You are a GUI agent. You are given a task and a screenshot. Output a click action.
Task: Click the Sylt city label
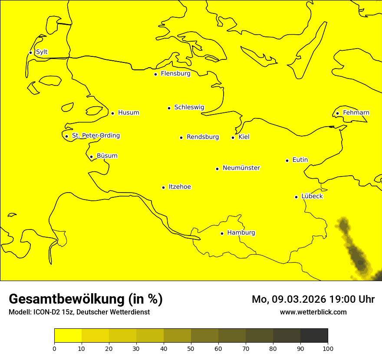(42, 52)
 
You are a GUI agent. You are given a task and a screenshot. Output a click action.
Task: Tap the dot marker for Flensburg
(155, 74)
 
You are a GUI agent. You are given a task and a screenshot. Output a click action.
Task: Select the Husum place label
(128, 113)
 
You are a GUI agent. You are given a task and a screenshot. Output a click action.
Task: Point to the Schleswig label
(189, 107)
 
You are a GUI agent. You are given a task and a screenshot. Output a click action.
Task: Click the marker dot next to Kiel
(233, 137)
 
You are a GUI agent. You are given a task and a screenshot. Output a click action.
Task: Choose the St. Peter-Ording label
(95, 136)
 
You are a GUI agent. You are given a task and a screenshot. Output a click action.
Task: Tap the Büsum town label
(107, 156)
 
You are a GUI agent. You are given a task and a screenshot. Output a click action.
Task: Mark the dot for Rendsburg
(181, 137)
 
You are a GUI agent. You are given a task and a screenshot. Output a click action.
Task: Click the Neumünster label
(241, 168)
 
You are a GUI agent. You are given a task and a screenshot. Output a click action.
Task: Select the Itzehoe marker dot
(163, 187)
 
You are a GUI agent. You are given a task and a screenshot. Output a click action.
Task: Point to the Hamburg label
(241, 232)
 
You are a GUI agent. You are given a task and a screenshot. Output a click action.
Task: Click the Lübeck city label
(312, 196)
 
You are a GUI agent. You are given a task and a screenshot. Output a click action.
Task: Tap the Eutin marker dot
(287, 160)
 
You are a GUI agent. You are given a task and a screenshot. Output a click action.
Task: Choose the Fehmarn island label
(356, 113)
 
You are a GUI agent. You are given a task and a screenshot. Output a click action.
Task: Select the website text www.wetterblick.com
(313, 312)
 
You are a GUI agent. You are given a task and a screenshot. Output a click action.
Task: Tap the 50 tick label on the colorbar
(191, 348)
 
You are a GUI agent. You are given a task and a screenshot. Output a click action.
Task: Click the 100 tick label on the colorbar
(328, 348)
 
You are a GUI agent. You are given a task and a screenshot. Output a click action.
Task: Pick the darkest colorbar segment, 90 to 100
(314, 336)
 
